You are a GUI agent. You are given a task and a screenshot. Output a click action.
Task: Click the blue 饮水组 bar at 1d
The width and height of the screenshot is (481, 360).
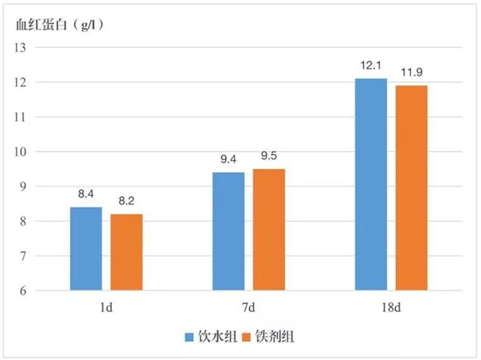click(x=86, y=249)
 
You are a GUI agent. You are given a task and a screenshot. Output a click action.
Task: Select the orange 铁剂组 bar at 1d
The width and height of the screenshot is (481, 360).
click(x=126, y=253)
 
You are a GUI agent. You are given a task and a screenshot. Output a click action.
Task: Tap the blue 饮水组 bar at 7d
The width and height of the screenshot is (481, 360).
click(x=228, y=231)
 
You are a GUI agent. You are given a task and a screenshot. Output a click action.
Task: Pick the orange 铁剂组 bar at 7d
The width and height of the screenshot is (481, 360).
click(x=268, y=230)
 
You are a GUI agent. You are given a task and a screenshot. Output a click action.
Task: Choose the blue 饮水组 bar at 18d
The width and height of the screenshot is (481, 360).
click(x=371, y=184)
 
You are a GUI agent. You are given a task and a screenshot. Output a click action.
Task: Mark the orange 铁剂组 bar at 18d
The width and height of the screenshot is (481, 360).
click(x=411, y=188)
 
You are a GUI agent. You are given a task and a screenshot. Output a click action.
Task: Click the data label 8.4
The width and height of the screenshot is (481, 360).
click(x=86, y=195)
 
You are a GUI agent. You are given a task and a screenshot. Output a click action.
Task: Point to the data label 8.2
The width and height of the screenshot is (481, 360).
click(x=126, y=201)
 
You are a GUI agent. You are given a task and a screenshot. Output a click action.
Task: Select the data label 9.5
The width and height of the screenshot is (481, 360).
click(x=268, y=156)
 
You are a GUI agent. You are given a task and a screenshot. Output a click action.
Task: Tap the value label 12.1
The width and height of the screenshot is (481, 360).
click(x=371, y=65)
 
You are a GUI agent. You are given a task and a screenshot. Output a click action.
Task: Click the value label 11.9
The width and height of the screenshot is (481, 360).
click(x=411, y=72)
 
